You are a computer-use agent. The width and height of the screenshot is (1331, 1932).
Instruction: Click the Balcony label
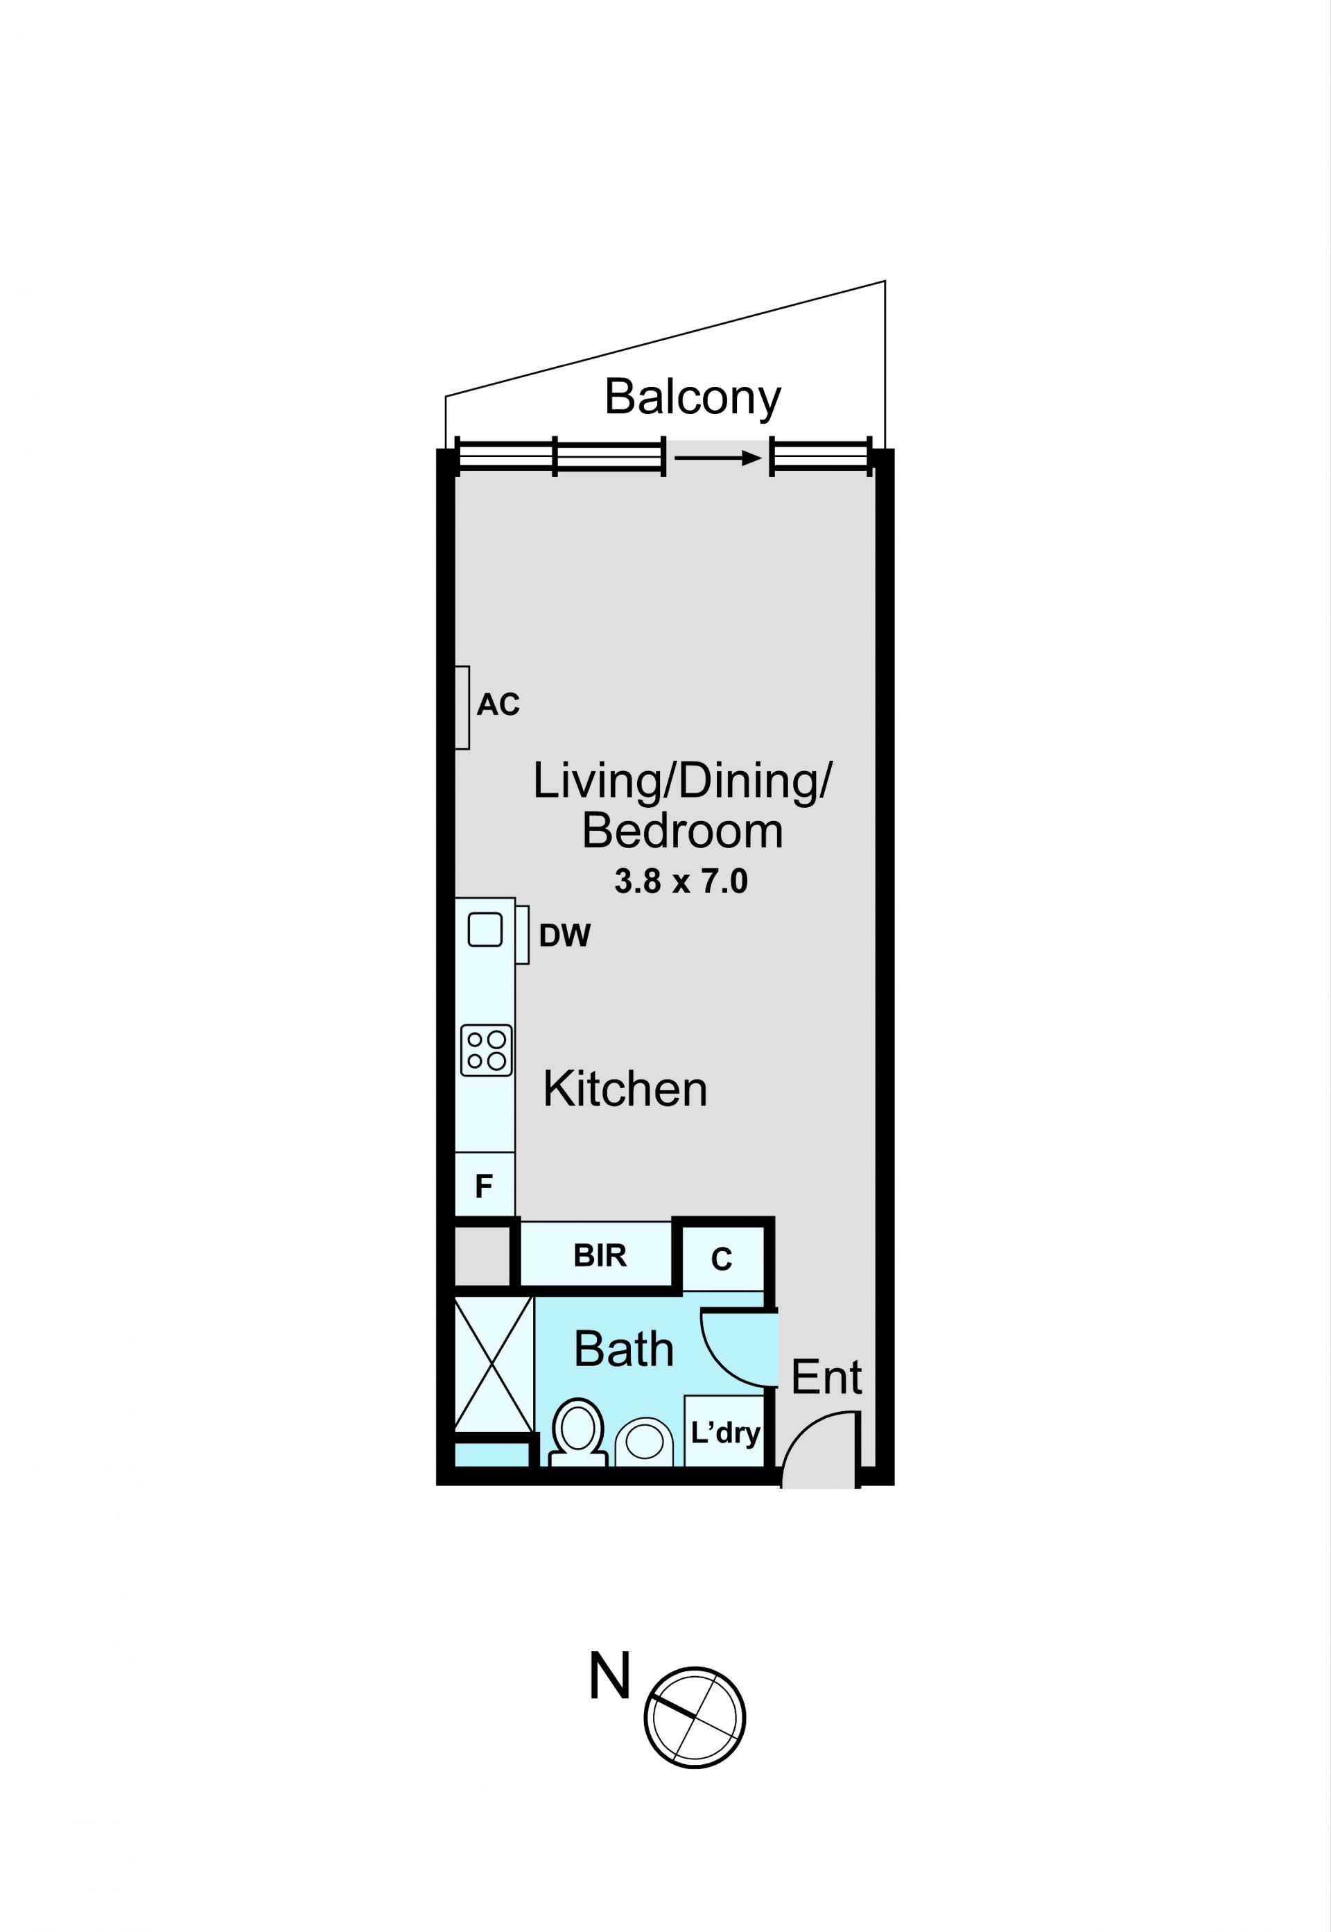pyautogui.click(x=692, y=398)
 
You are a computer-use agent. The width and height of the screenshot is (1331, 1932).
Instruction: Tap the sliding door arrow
pyautogui.click(x=718, y=458)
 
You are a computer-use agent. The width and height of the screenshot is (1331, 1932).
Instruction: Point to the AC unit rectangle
pyautogui.click(x=462, y=707)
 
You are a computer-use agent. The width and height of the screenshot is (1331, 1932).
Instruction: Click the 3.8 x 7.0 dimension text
pyautogui.click(x=681, y=882)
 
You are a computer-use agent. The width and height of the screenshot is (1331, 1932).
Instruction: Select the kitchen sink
pyautogui.click(x=485, y=929)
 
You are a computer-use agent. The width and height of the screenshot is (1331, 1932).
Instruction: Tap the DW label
pyautogui.click(x=564, y=936)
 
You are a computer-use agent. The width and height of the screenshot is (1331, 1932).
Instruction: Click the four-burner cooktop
pyautogui.click(x=486, y=1050)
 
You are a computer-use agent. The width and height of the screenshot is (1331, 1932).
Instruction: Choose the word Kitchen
pyautogui.click(x=625, y=1089)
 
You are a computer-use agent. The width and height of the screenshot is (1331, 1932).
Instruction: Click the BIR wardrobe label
pyautogui.click(x=600, y=1255)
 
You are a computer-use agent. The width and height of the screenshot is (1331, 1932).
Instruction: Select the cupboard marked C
pyautogui.click(x=723, y=1259)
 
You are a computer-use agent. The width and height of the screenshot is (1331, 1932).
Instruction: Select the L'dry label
pyautogui.click(x=724, y=1433)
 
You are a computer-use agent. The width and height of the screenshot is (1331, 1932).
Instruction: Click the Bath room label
pyautogui.click(x=624, y=1349)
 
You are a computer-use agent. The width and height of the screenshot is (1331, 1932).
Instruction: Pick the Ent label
pyautogui.click(x=826, y=1377)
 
